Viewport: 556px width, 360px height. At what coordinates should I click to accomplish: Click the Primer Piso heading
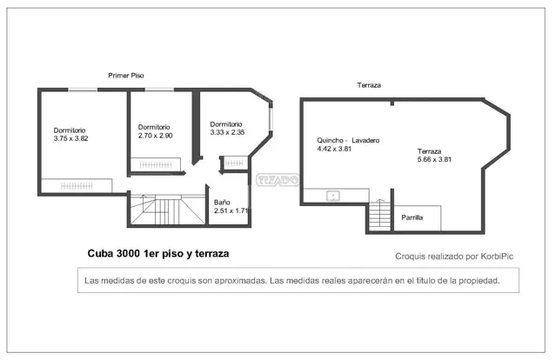pyautogui.click(x=126, y=76)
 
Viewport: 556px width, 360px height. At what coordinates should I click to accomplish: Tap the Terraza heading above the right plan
pyautogui.click(x=369, y=85)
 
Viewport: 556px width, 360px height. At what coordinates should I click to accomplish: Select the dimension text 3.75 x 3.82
pyautogui.click(x=71, y=138)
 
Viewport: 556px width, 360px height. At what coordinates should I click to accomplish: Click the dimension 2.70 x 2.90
pyautogui.click(x=155, y=136)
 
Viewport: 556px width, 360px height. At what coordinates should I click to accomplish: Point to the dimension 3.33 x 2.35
pyautogui.click(x=227, y=132)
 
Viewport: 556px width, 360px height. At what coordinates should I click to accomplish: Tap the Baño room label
pyautogui.click(x=222, y=203)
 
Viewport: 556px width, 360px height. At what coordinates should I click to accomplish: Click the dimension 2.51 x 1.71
pyautogui.click(x=231, y=210)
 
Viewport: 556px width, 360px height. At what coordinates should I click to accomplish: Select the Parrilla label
pyautogui.click(x=412, y=217)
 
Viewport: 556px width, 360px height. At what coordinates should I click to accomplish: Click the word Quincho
pyautogui.click(x=330, y=140)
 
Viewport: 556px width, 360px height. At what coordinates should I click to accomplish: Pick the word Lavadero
pyautogui.click(x=365, y=140)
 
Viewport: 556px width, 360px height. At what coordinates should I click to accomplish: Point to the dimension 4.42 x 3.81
pyautogui.click(x=334, y=149)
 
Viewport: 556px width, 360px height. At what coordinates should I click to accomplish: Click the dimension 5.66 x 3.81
pyautogui.click(x=434, y=159)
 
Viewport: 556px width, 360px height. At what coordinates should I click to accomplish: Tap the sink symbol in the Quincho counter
pyautogui.click(x=333, y=196)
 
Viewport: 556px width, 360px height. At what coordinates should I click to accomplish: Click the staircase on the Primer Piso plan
pyautogui.click(x=167, y=210)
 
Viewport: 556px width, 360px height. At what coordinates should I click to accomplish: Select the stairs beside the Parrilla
pyautogui.click(x=379, y=216)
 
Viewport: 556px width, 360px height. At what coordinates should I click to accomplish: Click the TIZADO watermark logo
pyautogui.click(x=278, y=180)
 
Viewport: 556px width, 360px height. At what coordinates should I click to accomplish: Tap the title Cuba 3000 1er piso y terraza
pyautogui.click(x=158, y=254)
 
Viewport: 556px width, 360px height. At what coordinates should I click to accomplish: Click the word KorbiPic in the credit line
pyautogui.click(x=497, y=257)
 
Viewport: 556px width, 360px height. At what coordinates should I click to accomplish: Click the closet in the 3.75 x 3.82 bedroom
pyautogui.click(x=77, y=186)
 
